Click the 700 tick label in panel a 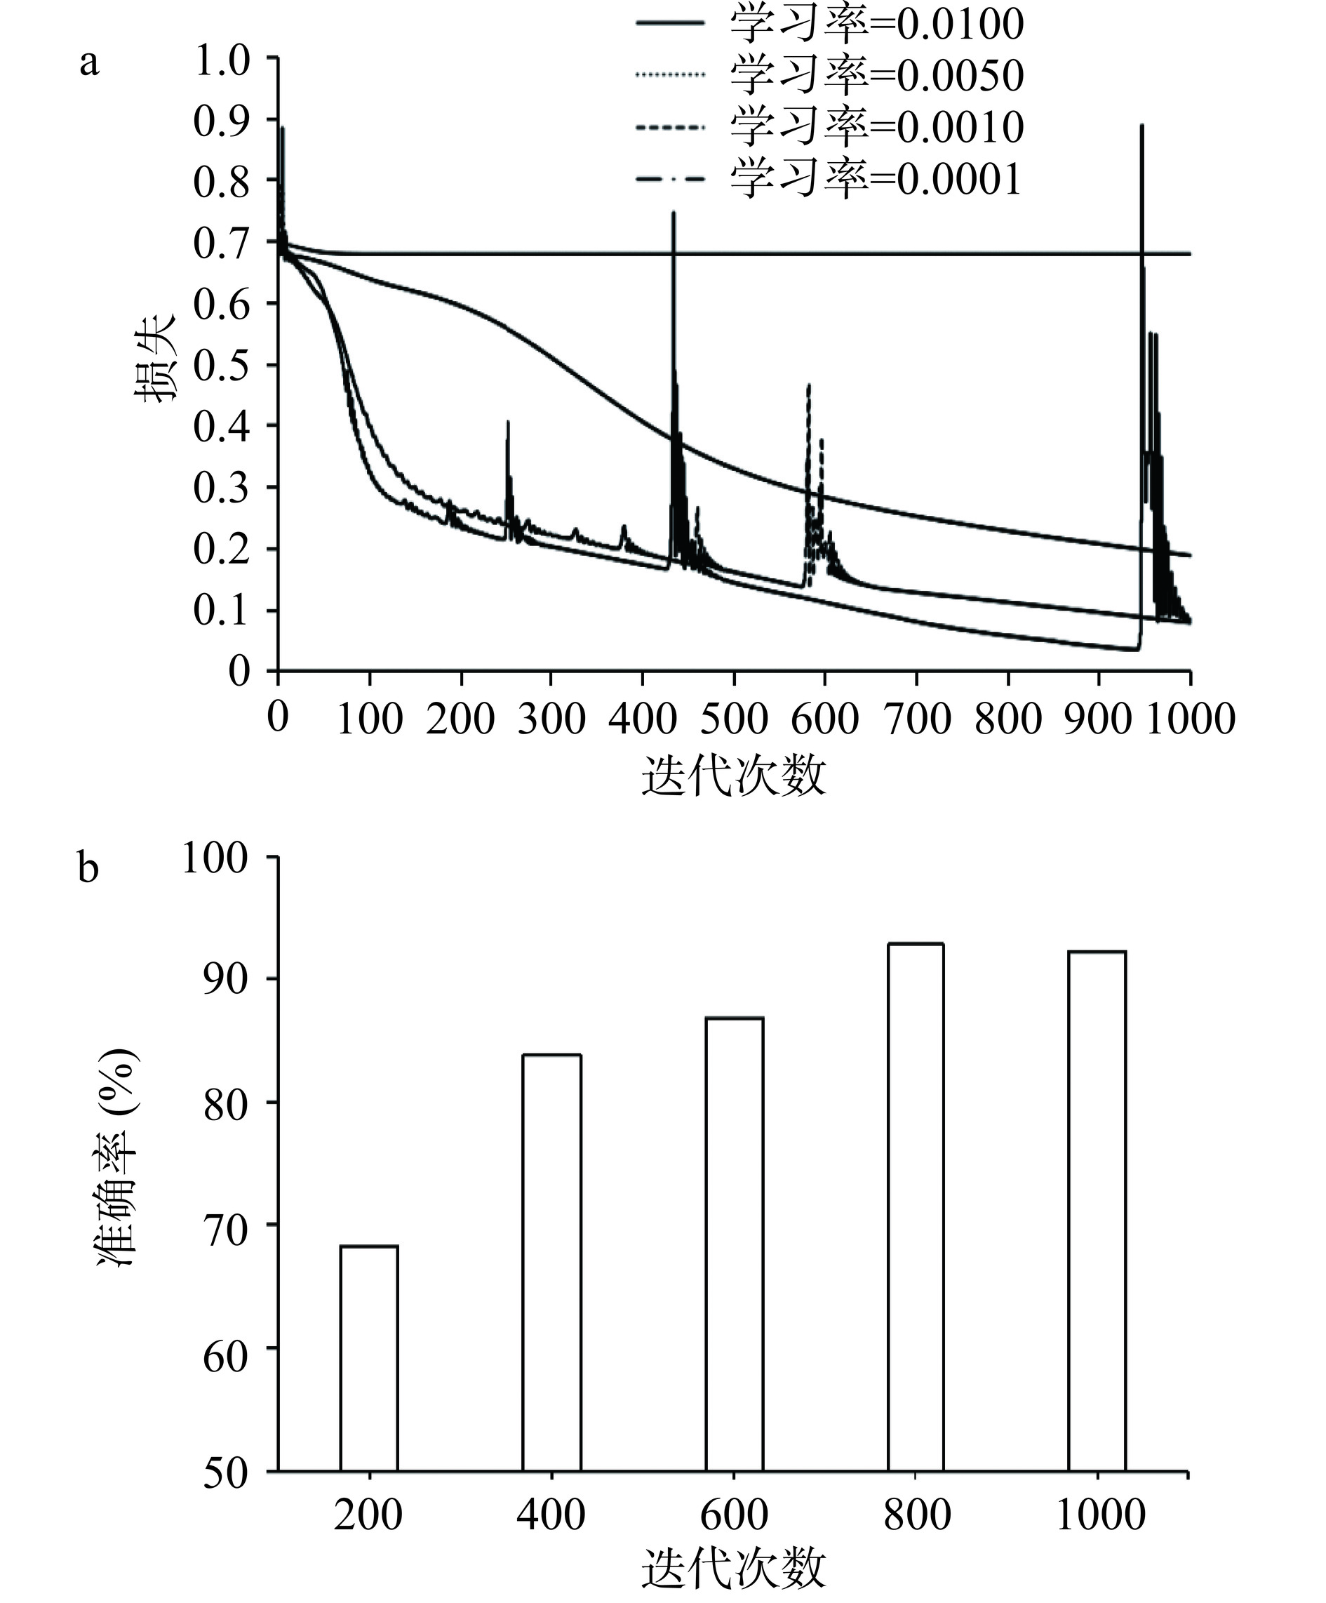[x=916, y=719]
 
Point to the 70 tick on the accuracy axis [x=226, y=1225]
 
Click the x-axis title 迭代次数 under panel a [x=733, y=777]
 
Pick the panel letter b [x=88, y=867]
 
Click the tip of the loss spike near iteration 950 [x=1142, y=125]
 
